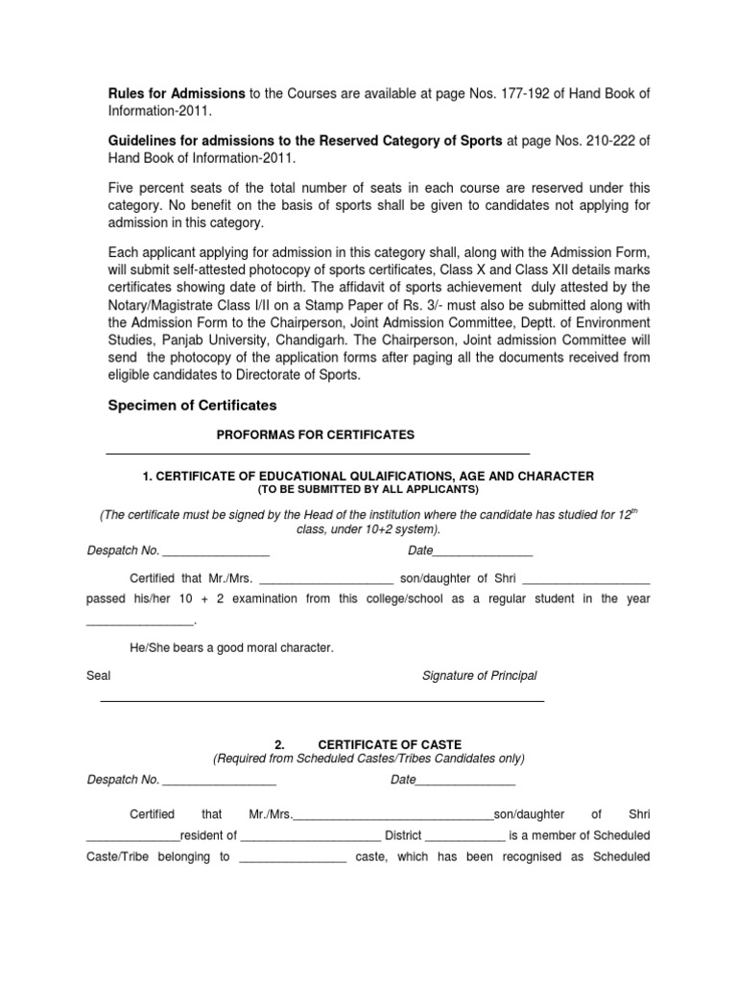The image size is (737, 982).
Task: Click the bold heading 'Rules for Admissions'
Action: coord(176,93)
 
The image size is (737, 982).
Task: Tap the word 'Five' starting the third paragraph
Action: coord(121,188)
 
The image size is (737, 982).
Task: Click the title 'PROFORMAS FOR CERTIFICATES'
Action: coord(316,434)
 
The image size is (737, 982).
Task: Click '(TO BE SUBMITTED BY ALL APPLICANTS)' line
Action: coord(368,489)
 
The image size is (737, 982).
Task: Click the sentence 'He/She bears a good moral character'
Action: coord(230,648)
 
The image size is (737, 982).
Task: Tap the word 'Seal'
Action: coord(99,675)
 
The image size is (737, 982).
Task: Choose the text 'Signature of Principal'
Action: coord(479,675)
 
